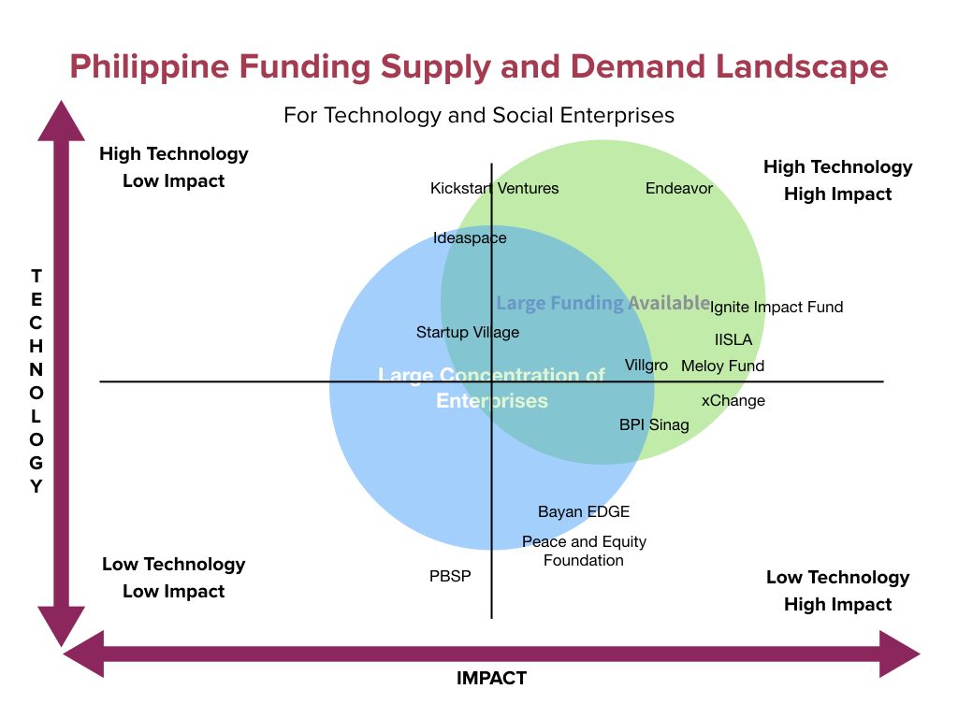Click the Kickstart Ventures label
[x=494, y=188]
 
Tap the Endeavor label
[x=679, y=188]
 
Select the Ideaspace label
[x=470, y=238]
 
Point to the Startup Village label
[x=468, y=332]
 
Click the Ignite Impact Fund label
[x=776, y=307]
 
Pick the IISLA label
[x=733, y=339]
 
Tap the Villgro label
[x=646, y=366]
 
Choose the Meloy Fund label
[x=723, y=366]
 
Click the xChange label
[x=733, y=400]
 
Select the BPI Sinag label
[x=654, y=424]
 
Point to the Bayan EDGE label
[x=584, y=511]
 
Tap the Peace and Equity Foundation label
[x=584, y=551]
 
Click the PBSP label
[x=450, y=576]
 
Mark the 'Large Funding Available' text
[x=603, y=303]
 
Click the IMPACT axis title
[x=491, y=678]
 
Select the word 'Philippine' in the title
[x=149, y=67]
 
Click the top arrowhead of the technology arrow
[x=61, y=121]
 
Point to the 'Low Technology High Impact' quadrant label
[x=837, y=591]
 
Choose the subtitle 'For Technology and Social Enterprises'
[x=479, y=115]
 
